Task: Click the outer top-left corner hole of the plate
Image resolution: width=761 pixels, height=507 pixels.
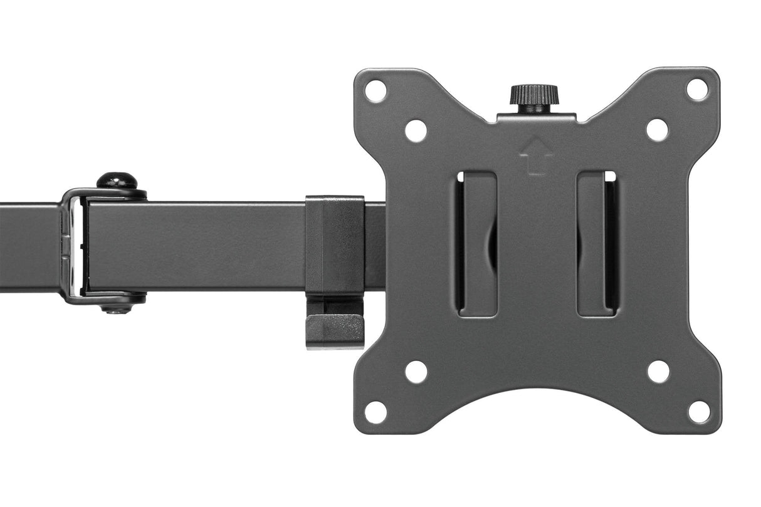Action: point(375,91)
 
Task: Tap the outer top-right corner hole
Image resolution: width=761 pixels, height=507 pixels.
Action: point(697,90)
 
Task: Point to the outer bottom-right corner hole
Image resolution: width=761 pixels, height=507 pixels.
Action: point(698,412)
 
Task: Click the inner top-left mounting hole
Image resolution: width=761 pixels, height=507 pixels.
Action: point(416,130)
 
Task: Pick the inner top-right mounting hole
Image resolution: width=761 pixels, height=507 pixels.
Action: point(657,130)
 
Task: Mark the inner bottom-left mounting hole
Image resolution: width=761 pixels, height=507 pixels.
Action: point(416,372)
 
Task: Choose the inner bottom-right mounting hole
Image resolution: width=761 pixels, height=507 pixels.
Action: point(658,372)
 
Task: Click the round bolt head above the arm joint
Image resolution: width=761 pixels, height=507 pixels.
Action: point(117,181)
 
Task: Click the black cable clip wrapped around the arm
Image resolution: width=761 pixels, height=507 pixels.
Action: point(335,244)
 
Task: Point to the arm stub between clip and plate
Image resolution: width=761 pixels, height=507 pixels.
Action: point(374,244)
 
